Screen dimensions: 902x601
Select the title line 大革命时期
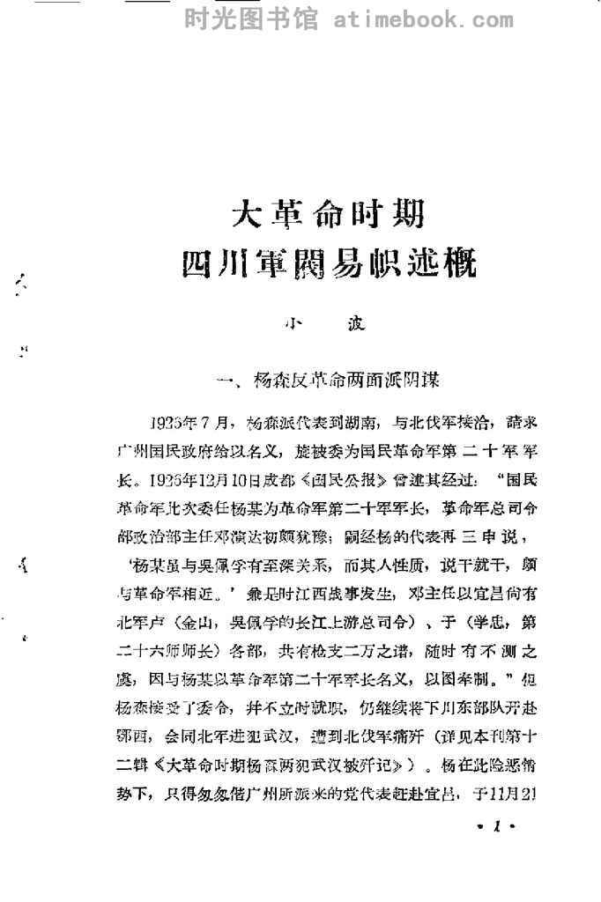pyautogui.click(x=328, y=214)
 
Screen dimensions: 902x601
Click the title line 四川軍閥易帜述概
pyautogui.click(x=328, y=262)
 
